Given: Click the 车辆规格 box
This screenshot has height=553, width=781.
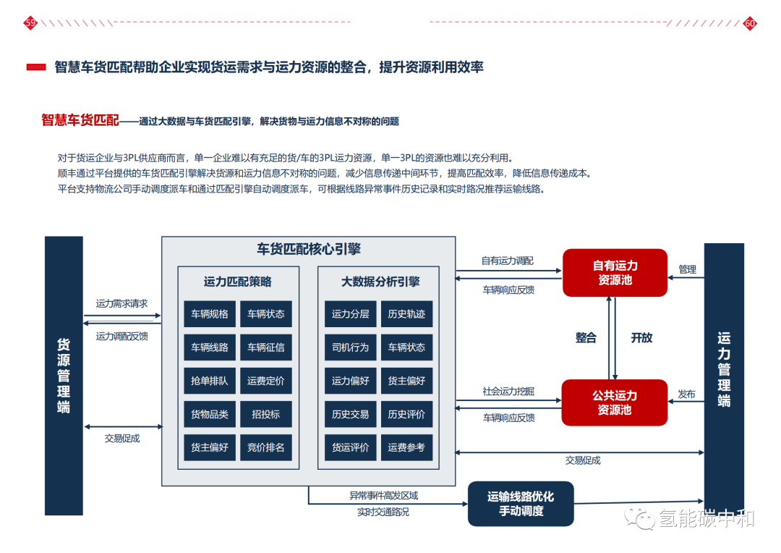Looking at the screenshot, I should (210, 314).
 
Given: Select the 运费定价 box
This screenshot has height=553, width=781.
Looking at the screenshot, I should (266, 381).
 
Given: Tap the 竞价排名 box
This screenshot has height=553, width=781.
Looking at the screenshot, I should (266, 447).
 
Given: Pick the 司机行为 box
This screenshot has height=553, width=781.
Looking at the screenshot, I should (351, 347).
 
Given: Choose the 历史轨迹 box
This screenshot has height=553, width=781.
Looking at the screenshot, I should (406, 314).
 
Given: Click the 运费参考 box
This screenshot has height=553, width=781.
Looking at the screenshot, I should (406, 447).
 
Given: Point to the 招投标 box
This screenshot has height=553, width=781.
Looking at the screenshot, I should (266, 414).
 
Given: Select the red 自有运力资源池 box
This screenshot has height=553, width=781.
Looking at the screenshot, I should (615, 273).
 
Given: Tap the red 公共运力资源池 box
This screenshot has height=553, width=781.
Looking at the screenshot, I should (615, 402).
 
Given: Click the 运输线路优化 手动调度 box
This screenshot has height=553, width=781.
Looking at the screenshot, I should (521, 504).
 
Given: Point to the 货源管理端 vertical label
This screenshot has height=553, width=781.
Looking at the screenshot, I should (64, 376).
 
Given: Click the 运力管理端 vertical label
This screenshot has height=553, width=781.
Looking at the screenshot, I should (724, 369).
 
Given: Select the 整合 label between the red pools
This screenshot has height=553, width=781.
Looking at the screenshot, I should (586, 338).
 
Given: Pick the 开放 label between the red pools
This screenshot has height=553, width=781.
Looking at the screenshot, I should (641, 338).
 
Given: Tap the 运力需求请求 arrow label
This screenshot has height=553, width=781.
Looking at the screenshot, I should (121, 304).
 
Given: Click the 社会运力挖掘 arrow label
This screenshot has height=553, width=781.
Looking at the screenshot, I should (508, 392).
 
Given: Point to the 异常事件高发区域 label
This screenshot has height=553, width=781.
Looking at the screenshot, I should (384, 497).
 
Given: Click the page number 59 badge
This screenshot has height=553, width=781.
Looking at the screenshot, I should (30, 23).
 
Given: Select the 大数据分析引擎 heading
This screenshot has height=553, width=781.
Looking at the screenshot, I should (380, 282).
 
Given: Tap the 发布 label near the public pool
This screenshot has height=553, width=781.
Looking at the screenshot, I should (686, 394).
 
